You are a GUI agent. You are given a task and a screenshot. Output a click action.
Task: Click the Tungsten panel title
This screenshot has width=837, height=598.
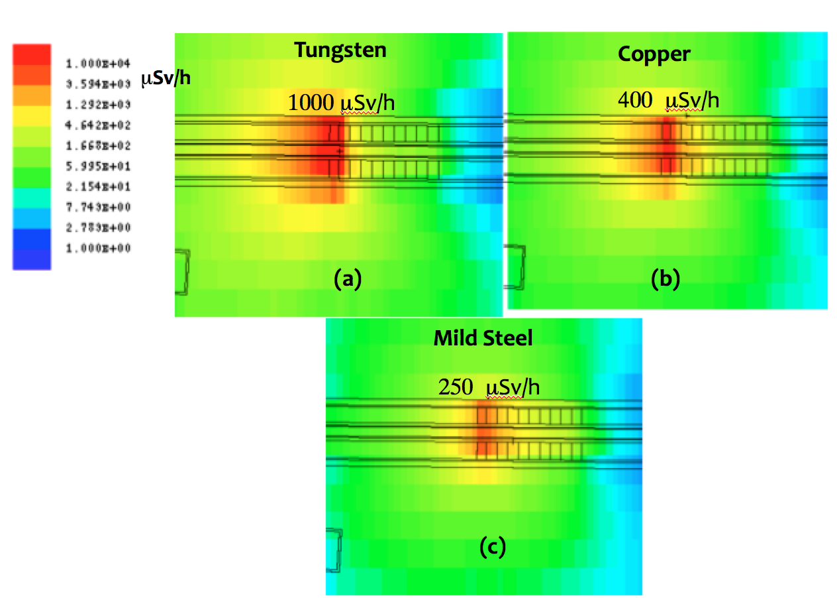tap(340, 50)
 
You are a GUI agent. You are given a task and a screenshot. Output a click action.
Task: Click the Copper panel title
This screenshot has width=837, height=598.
tap(654, 54)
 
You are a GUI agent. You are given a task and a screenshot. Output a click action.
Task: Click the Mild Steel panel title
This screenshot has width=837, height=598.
tap(483, 338)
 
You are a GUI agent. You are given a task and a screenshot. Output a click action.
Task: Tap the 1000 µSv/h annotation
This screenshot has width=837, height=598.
tap(342, 103)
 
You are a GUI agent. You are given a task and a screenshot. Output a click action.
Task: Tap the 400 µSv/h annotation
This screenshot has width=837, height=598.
tap(668, 100)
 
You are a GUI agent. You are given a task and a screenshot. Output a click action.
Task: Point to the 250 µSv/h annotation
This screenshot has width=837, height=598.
tap(489, 387)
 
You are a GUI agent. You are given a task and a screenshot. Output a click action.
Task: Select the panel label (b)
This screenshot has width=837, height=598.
tap(665, 279)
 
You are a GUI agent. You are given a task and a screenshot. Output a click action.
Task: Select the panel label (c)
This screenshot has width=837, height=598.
tap(492, 547)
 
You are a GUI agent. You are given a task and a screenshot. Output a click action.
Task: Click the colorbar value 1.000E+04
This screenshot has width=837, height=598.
tap(97, 64)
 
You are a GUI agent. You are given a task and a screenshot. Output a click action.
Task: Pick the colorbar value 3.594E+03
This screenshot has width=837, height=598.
tap(97, 84)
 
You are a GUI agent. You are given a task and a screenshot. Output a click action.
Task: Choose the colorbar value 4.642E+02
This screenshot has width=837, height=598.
tap(97, 125)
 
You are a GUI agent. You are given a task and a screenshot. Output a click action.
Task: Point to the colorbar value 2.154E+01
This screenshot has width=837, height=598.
tap(97, 187)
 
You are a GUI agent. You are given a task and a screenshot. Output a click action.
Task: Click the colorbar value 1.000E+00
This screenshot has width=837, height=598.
tap(97, 248)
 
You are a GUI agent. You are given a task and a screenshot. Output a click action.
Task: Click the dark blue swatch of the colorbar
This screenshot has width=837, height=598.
tap(31, 249)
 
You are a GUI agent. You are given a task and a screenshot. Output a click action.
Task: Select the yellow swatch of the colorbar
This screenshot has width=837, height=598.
tap(31, 116)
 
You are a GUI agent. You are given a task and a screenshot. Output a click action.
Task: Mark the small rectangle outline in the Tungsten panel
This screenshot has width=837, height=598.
tap(182, 272)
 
